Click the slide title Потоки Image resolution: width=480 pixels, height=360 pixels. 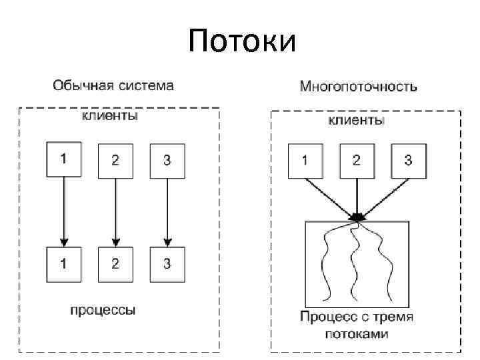point(241,41)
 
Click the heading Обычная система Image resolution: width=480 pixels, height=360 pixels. point(113,85)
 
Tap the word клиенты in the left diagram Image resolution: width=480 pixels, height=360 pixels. point(110,116)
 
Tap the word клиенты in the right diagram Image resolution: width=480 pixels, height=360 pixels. point(357,121)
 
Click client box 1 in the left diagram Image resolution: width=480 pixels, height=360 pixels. point(64,159)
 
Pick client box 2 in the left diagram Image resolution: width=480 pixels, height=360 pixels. point(115,161)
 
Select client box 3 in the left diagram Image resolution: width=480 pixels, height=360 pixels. point(167,161)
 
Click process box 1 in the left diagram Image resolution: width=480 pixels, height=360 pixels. point(64,263)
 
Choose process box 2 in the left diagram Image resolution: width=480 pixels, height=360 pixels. point(115,263)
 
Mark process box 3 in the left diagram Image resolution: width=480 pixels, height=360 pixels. point(167,263)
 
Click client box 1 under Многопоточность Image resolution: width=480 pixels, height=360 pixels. point(305,160)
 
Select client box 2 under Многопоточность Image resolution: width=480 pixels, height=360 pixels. point(357,160)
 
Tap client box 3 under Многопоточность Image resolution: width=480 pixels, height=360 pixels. point(408,160)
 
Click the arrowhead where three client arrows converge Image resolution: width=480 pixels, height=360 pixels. point(358,216)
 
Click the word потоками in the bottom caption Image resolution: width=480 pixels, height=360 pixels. point(356,333)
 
